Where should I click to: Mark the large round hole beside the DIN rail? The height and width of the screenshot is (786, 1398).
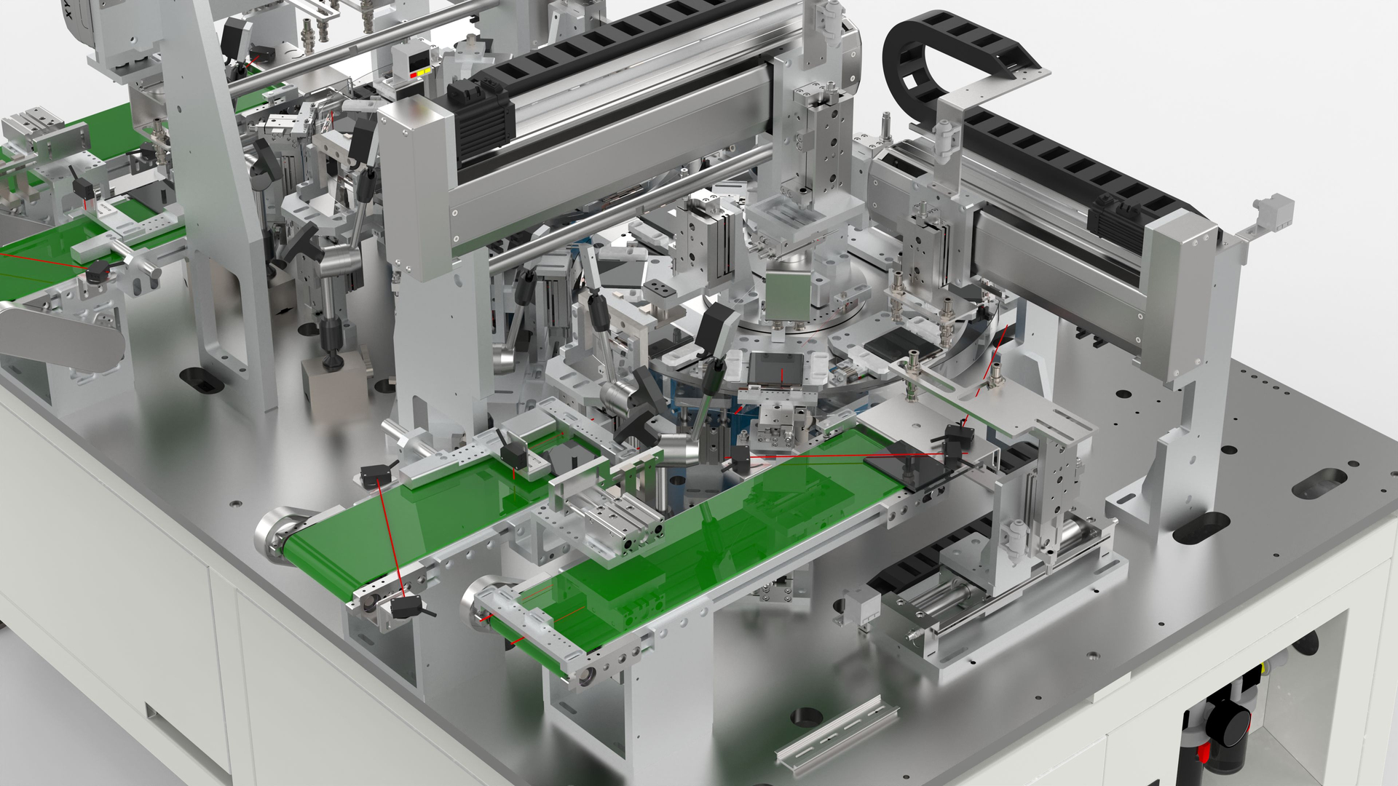pos(805,717)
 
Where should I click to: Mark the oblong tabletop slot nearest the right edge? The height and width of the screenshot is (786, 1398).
pos(1319,483)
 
